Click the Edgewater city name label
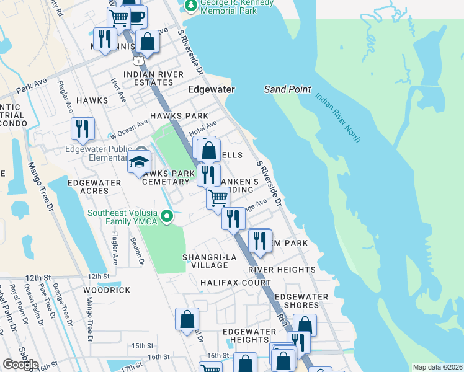click(212, 89)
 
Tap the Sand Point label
click(287, 89)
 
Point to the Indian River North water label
click(337, 117)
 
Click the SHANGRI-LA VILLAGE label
click(205, 261)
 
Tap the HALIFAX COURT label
click(227, 282)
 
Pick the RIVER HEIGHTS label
click(282, 270)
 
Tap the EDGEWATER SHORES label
click(301, 301)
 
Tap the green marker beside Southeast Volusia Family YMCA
click(166, 216)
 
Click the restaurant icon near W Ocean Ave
click(83, 128)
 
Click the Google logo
click(20, 365)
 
